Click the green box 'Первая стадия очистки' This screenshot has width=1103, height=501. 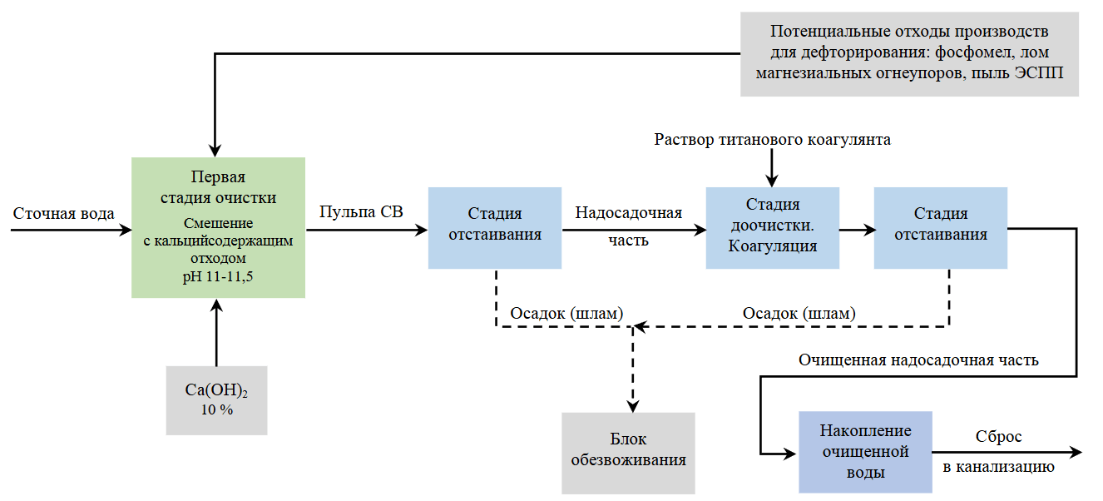[218, 227]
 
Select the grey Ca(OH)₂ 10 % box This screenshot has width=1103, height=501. [216, 400]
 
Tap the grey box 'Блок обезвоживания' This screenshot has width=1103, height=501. [628, 453]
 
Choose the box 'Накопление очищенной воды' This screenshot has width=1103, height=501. [865, 452]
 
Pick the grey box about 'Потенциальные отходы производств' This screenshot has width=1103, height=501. [909, 53]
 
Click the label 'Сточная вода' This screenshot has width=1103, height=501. [64, 214]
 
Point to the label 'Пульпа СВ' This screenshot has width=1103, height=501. [361, 212]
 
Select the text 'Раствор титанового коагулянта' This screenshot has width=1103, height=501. [772, 140]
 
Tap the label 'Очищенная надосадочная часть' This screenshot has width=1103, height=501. [918, 360]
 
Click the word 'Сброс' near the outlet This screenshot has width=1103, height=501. [998, 437]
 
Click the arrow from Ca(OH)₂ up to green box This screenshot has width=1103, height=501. [216, 333]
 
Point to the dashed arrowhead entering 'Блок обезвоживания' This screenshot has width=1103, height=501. [632, 405]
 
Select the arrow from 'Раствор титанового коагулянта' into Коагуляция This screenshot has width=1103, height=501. [772, 170]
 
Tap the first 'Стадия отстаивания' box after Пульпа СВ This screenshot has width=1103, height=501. [495, 227]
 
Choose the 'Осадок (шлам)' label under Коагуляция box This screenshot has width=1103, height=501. [798, 314]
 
